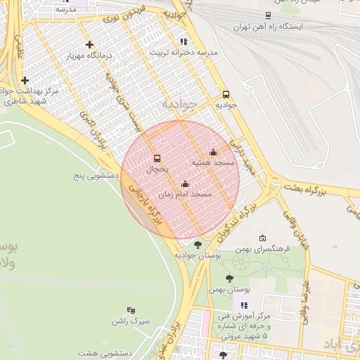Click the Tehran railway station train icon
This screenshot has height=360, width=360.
click(268, 15)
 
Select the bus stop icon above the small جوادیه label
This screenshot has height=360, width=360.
click(226, 94)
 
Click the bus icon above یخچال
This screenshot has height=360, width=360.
click(157, 158)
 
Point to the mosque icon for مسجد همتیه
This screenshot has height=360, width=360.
click(213, 152)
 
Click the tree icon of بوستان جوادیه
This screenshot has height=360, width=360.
click(198, 245)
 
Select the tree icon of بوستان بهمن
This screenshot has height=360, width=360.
click(229, 278)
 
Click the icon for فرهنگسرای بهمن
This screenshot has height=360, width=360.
click(262, 238)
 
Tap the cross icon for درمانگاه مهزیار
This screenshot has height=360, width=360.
click(89, 44)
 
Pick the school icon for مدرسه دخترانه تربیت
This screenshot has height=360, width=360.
click(184, 41)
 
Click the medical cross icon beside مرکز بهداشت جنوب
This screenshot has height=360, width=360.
click(25, 81)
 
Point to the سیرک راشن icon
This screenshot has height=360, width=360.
click(130, 310)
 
